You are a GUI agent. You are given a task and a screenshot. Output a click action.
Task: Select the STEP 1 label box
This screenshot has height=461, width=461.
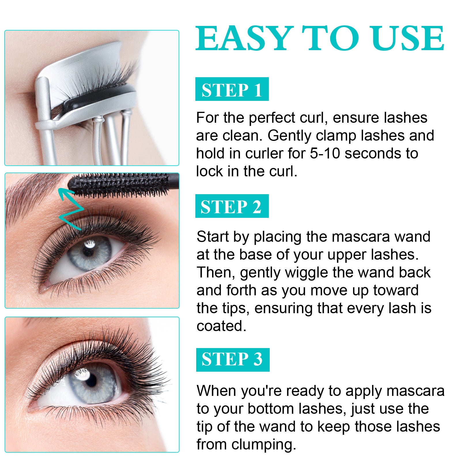tap(232, 89)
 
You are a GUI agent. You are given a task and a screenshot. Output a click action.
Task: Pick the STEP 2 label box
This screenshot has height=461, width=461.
tap(232, 206)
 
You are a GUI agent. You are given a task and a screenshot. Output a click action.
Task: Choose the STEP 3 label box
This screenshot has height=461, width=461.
tap(233, 360)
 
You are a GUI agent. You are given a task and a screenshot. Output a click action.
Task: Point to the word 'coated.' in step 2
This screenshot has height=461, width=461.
tap(221, 326)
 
